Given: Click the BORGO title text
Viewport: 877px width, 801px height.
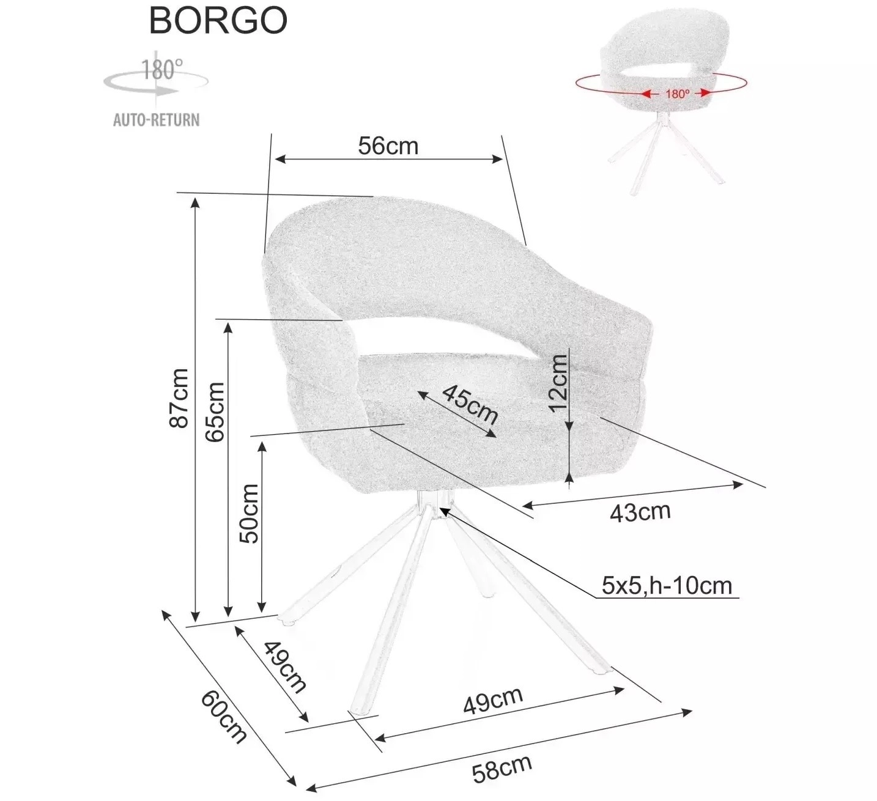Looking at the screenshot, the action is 218,20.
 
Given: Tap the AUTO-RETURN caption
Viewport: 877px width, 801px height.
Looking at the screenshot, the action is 156,120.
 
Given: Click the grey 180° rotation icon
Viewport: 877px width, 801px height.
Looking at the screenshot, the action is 156,79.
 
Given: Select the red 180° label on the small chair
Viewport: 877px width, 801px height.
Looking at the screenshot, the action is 677,94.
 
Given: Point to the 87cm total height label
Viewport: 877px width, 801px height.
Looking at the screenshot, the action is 179,397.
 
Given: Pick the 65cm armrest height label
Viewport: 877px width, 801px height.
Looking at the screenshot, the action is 215,412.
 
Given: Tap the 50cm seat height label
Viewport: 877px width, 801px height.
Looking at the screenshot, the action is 249,514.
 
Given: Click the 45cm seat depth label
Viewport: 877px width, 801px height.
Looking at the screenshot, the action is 470,404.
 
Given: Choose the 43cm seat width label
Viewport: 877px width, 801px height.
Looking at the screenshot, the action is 640,513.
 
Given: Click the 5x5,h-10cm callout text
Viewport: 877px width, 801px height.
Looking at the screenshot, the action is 667,585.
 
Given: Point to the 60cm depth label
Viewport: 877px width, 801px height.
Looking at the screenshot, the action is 223,717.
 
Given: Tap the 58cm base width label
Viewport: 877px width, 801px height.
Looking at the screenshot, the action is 502,768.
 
